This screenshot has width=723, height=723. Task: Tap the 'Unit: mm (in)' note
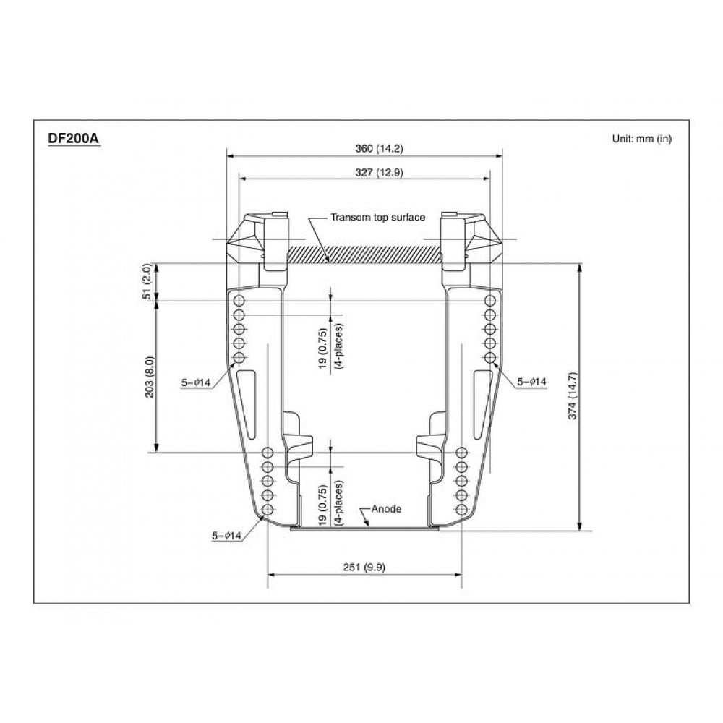[x=641, y=139]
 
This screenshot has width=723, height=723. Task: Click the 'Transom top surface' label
[x=377, y=217]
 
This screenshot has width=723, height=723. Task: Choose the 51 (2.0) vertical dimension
[x=147, y=281]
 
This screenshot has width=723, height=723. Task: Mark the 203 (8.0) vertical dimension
[x=150, y=376]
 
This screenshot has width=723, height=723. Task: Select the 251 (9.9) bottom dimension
[x=365, y=568]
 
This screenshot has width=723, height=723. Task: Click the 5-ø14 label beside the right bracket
[x=531, y=382]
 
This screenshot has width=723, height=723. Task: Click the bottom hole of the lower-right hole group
[x=461, y=510]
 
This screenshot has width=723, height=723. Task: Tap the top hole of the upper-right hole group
[x=490, y=300]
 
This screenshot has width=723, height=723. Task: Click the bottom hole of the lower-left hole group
[x=268, y=510]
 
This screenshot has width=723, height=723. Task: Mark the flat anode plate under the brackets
[x=365, y=529]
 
